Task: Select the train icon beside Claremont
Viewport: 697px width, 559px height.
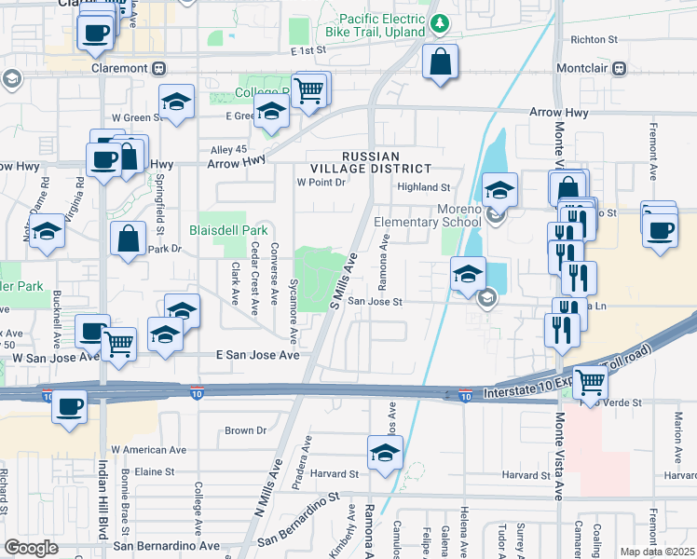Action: [160, 68]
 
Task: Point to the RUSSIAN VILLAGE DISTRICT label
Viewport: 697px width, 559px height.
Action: [385, 162]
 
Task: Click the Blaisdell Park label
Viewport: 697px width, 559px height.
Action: [228, 229]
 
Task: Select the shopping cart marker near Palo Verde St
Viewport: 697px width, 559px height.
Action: [589, 380]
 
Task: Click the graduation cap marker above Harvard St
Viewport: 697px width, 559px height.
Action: [384, 454]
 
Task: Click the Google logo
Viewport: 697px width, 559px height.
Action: [32, 548]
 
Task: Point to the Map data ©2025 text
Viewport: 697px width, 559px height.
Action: [658, 552]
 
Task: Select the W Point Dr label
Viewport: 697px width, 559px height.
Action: [321, 183]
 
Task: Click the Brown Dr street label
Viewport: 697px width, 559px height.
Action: [246, 430]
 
